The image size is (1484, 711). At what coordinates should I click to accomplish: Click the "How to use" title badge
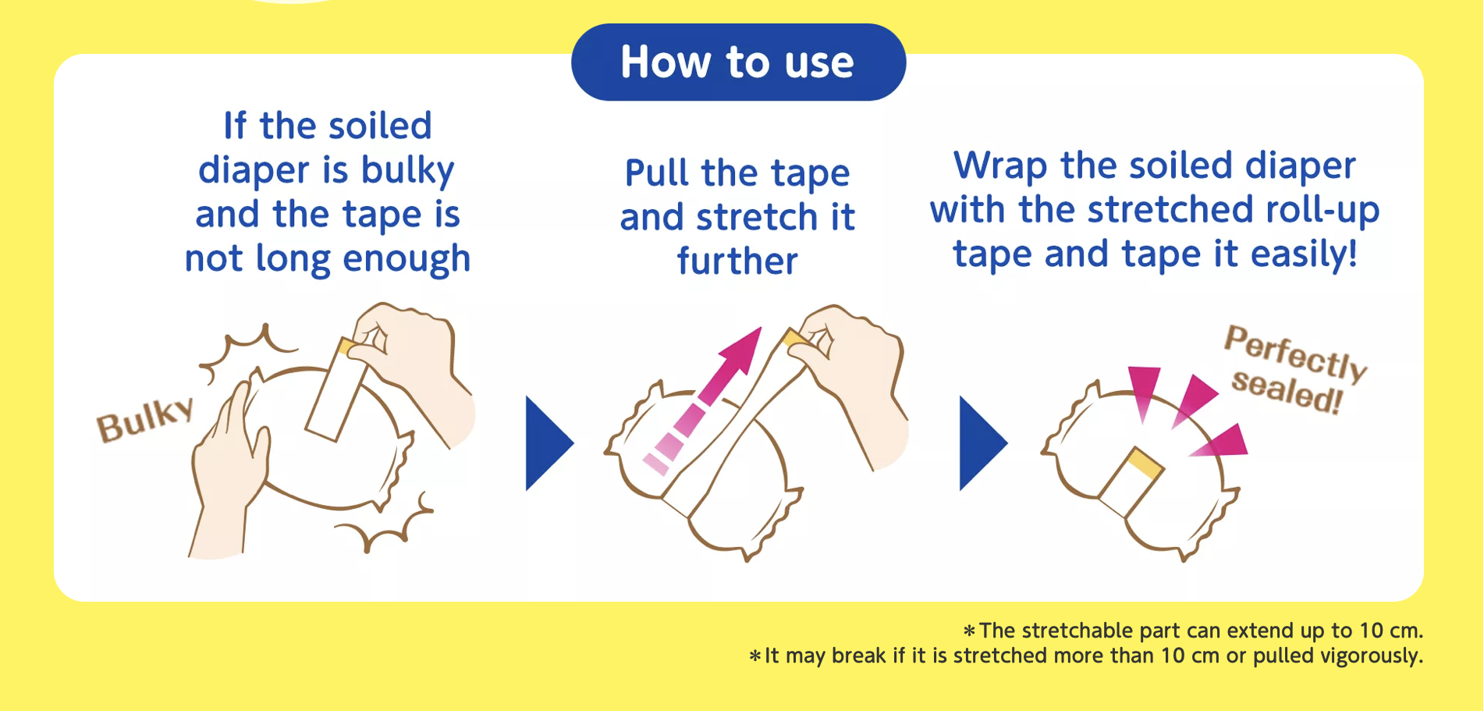(x=738, y=62)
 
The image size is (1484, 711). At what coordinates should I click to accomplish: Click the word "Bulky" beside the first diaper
(x=145, y=419)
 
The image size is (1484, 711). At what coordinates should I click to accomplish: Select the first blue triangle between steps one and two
(x=549, y=443)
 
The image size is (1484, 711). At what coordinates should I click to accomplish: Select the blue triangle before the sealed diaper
(x=982, y=443)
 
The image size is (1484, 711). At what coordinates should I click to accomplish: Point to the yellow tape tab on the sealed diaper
(x=1145, y=463)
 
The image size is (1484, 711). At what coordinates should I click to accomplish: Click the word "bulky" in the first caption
(x=407, y=170)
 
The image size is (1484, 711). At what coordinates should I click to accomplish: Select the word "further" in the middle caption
(x=737, y=260)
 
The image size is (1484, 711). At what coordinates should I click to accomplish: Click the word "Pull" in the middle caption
(x=657, y=172)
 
